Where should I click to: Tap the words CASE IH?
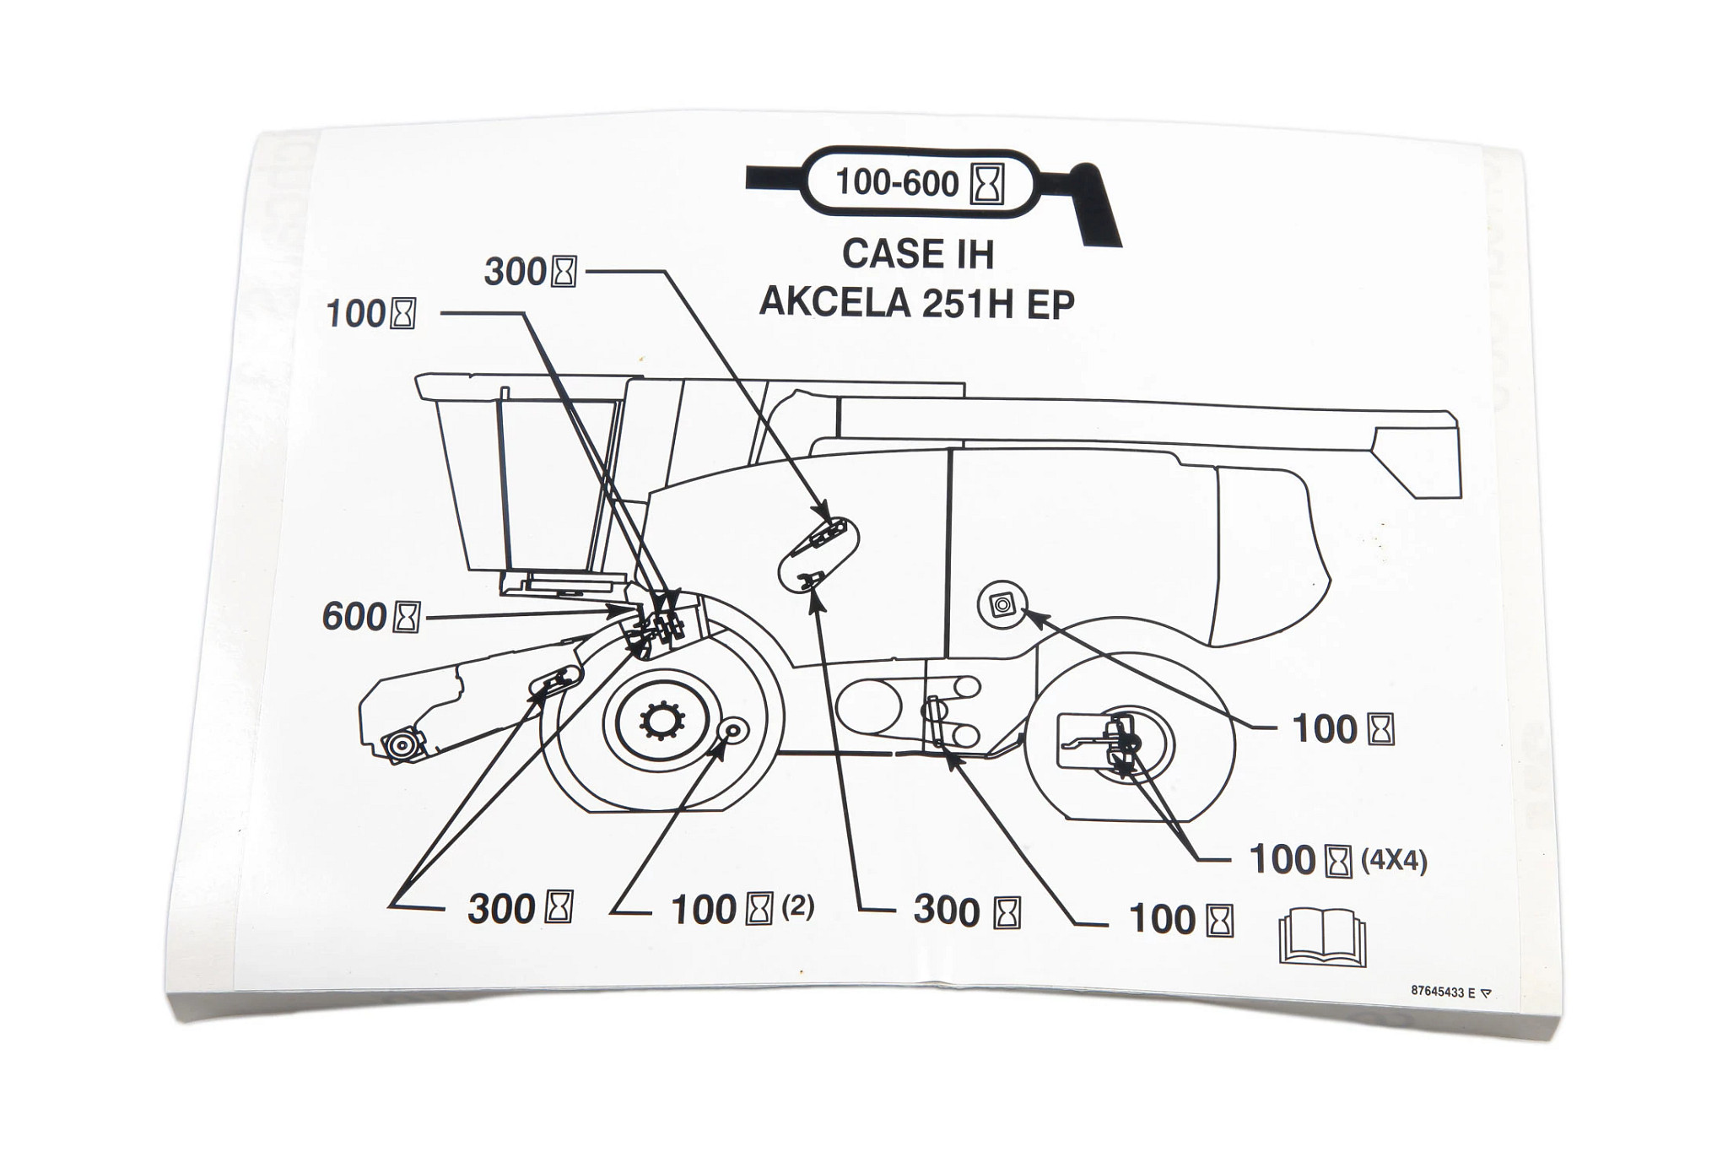tap(918, 253)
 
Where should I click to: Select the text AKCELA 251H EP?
tap(917, 302)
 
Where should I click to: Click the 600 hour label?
tap(354, 616)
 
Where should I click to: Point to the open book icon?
tap(1322, 936)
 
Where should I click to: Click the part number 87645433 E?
tap(1444, 992)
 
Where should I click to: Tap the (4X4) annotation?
tap(1394, 861)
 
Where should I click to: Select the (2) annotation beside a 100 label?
tap(797, 906)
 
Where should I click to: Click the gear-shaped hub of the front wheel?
tap(663, 721)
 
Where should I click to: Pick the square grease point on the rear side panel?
tap(1002, 604)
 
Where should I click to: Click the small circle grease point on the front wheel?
tap(732, 729)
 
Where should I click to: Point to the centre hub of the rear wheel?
tap(1129, 744)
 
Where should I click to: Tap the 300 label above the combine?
tap(516, 272)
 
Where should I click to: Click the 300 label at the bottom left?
tap(502, 908)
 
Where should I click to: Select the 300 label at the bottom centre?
tap(947, 911)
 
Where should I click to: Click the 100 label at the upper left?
tap(356, 314)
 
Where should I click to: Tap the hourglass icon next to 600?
tap(407, 617)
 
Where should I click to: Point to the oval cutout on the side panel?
tap(818, 553)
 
